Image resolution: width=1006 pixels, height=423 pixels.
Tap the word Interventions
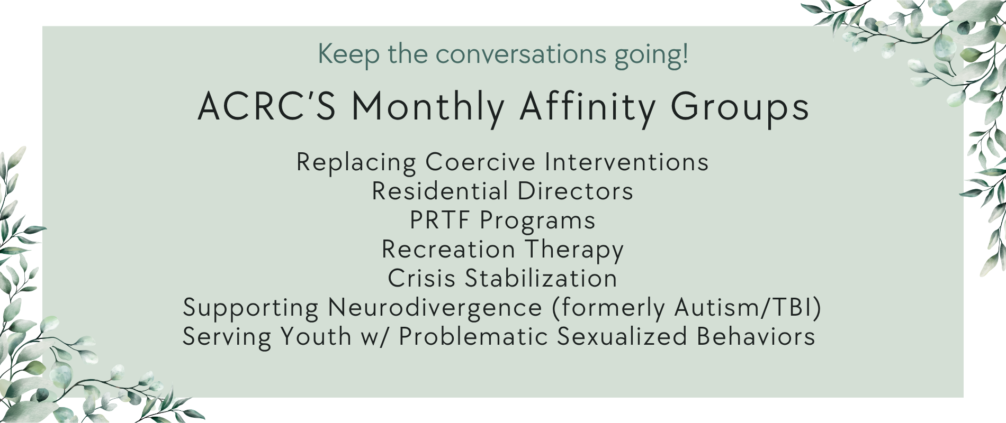click(x=627, y=162)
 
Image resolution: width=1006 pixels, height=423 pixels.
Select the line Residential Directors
click(x=502, y=191)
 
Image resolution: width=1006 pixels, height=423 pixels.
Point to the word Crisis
click(x=421, y=279)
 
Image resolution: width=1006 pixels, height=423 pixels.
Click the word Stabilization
click(x=541, y=279)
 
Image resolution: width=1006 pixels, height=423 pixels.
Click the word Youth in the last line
click(x=316, y=337)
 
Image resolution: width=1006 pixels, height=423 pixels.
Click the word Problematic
click(x=473, y=337)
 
